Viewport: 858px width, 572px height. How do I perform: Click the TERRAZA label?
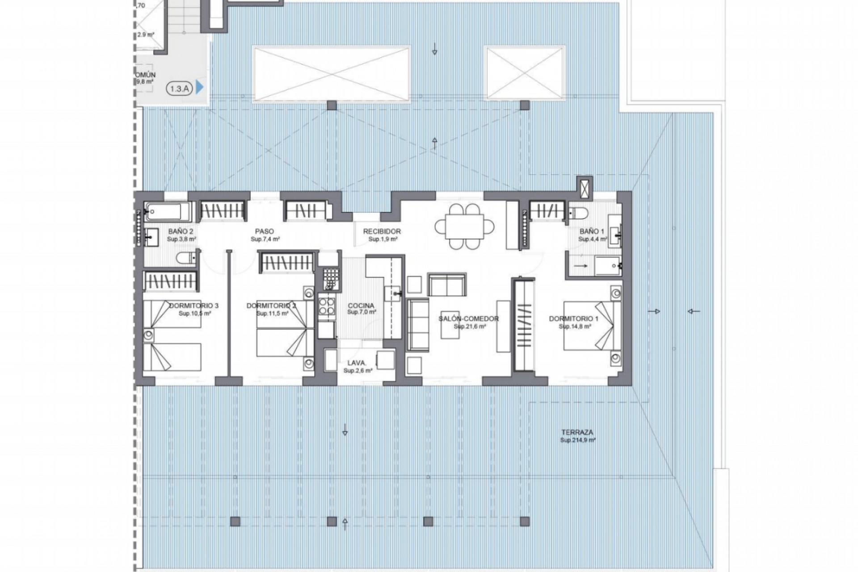577,432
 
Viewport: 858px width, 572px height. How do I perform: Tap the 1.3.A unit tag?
179,88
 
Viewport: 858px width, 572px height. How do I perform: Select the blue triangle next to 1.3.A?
199,88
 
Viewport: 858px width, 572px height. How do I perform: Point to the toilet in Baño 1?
578,213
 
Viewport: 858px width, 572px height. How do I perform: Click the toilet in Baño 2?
185,257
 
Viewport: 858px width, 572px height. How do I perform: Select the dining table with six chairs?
465,226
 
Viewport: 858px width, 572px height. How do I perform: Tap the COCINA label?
361,306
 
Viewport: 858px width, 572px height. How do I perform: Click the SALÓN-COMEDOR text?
468,319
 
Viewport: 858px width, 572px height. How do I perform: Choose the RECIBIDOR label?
382,231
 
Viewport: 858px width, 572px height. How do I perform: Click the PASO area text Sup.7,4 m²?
265,240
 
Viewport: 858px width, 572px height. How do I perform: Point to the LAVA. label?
357,363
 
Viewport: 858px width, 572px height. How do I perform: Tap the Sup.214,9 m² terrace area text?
577,440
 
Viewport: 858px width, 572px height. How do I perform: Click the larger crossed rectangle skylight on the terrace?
331,74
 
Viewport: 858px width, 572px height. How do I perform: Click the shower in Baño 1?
607,266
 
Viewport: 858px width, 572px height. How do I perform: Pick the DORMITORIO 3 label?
194,306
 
